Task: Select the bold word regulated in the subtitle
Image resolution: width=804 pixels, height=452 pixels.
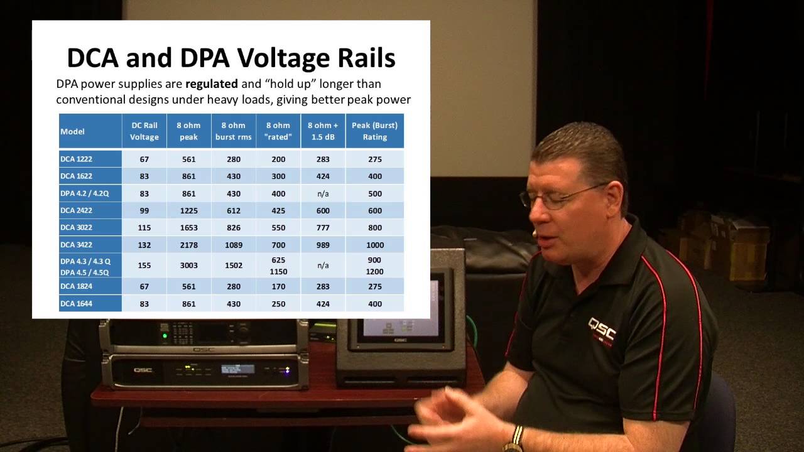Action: point(211,83)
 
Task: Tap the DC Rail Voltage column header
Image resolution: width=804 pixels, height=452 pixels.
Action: point(144,131)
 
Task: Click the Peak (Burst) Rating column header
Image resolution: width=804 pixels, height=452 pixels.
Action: point(374,131)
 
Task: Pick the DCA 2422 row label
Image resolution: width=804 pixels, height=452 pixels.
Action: point(77,210)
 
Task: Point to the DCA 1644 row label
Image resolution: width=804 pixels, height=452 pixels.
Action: point(77,304)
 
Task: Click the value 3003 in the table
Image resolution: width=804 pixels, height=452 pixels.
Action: point(188,266)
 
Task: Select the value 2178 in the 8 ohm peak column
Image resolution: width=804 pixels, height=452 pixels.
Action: point(188,245)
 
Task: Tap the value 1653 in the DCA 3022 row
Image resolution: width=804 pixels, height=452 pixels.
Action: point(188,227)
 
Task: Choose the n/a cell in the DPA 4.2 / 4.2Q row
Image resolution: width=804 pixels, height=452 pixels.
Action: point(323,193)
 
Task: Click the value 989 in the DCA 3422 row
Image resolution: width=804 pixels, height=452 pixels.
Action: point(323,245)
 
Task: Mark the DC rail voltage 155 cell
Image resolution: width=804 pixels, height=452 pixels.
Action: point(144,266)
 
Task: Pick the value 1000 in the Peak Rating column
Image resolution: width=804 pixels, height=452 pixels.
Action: point(374,245)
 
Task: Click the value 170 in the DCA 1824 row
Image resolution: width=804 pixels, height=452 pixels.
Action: point(278,286)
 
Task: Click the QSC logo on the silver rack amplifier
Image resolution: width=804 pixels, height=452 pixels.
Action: point(143,370)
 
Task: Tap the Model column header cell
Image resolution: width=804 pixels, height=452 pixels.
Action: point(90,131)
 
